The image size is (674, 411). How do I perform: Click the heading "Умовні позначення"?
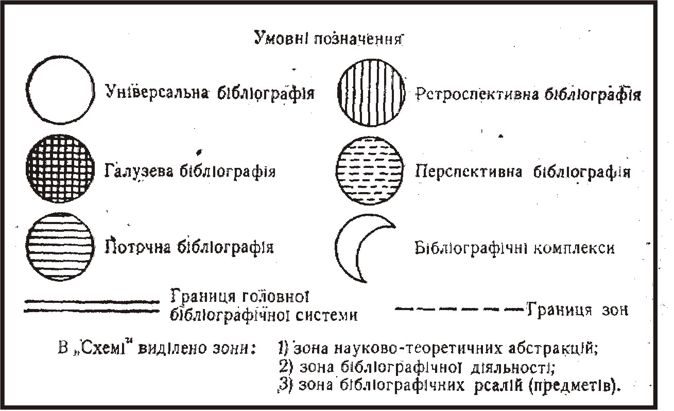(x=327, y=40)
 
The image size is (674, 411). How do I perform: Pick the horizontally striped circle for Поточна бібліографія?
(x=61, y=246)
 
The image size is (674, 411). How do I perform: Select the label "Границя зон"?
(x=577, y=311)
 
